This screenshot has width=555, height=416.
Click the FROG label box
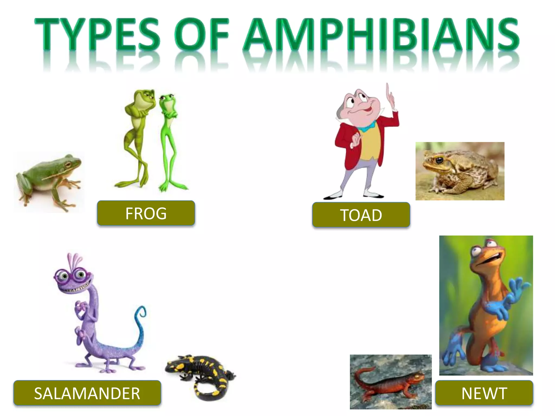(x=146, y=213)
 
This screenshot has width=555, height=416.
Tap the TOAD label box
(x=361, y=215)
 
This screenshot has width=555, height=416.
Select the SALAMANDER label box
(x=87, y=393)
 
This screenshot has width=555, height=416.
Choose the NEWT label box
(x=484, y=393)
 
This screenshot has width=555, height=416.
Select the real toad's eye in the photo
(x=439, y=160)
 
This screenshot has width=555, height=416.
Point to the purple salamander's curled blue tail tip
(x=141, y=311)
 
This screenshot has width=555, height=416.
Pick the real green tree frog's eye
(x=68, y=164)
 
